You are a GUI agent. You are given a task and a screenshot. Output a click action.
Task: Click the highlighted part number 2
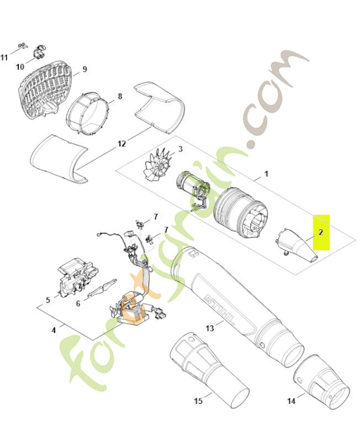point(321,233)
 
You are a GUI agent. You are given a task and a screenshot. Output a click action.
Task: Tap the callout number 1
point(266,173)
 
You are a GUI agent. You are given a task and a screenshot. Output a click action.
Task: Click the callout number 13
point(210,328)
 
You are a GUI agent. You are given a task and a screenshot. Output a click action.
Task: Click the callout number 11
point(4,57)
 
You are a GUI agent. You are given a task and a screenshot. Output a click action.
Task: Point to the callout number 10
point(20,67)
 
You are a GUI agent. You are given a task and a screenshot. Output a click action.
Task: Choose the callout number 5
point(48,300)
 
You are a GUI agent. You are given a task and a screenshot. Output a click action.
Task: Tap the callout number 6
point(78,303)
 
